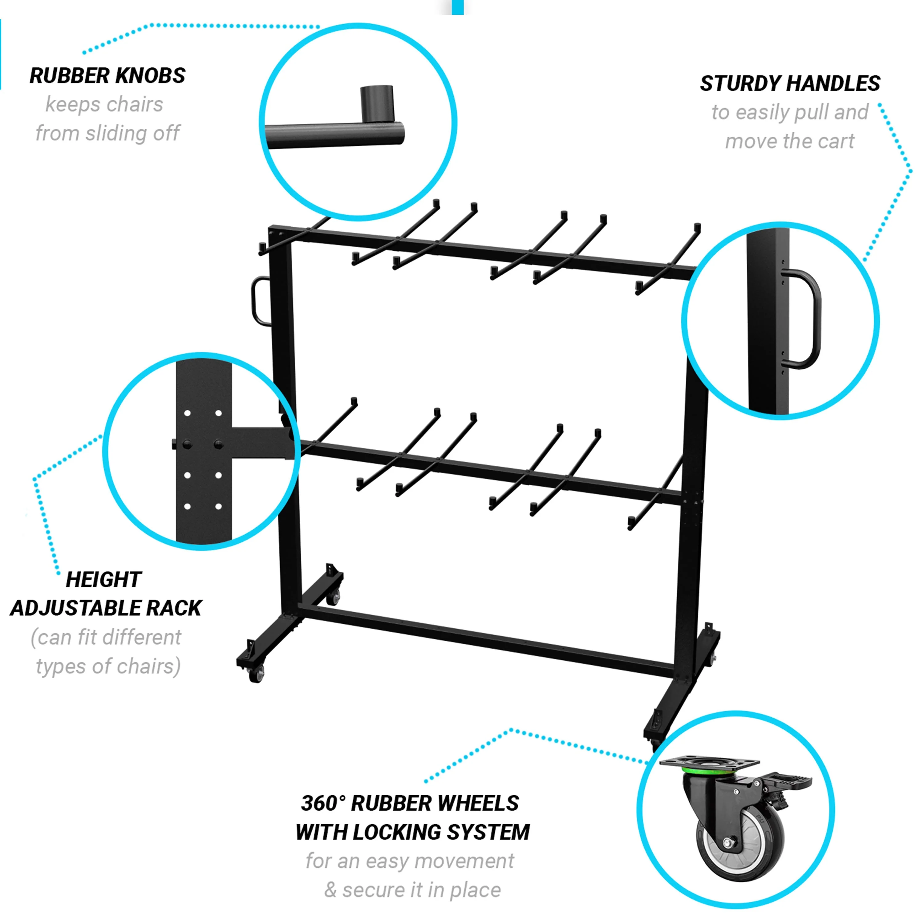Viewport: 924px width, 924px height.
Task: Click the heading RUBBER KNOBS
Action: click(x=107, y=75)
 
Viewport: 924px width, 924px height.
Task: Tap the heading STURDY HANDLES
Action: click(x=790, y=84)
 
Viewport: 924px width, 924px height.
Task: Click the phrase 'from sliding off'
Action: click(x=107, y=133)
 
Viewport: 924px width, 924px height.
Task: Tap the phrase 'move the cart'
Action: click(x=790, y=142)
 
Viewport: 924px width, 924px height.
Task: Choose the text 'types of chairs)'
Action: click(x=108, y=666)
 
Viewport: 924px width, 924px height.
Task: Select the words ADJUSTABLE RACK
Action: click(x=106, y=608)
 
